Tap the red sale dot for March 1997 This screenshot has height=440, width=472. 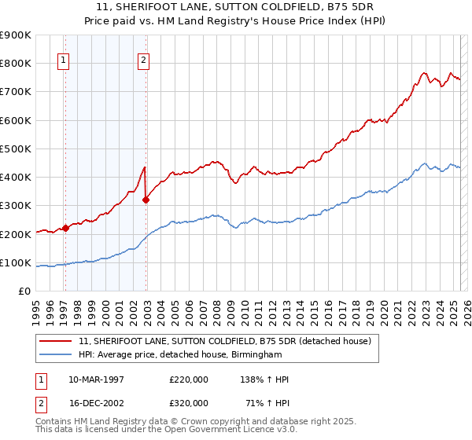click(66, 228)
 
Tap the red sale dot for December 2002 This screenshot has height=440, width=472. click(146, 200)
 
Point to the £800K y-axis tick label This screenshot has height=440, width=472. click(15, 64)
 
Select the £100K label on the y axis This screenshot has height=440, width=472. click(15, 263)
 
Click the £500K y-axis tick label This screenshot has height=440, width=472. click(15, 148)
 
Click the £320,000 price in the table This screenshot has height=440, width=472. click(189, 403)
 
